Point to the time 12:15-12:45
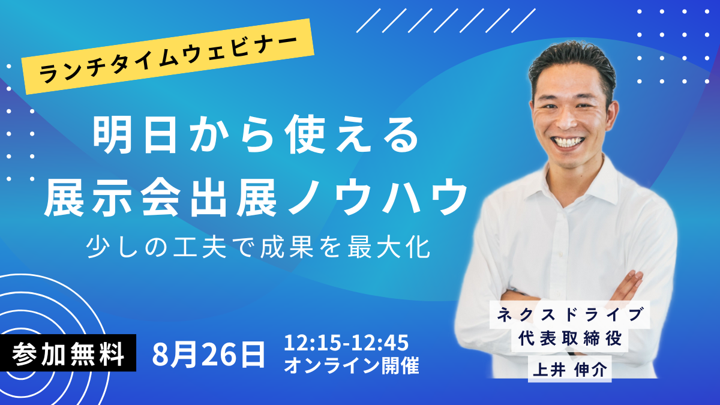pyautogui.click(x=346, y=343)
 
